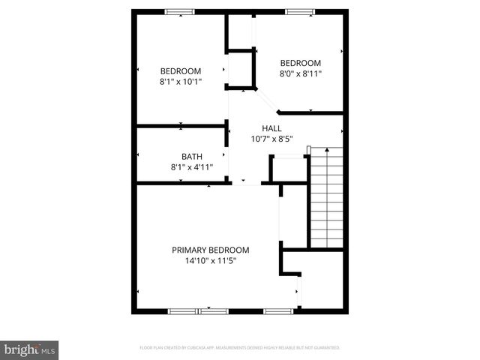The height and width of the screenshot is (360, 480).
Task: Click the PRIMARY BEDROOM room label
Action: [211, 250]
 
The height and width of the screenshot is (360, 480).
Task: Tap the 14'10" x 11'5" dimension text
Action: [211, 261]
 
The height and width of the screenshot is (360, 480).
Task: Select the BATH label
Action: [191, 157]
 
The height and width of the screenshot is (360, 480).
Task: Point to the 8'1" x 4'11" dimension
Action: [191, 167]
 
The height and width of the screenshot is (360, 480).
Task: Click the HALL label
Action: [271, 127]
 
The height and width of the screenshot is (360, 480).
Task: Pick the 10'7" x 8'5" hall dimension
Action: [271, 138]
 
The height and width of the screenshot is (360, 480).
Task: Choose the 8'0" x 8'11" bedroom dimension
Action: [301, 73]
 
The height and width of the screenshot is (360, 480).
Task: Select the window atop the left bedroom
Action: [178, 10]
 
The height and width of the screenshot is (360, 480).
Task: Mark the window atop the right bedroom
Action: [299, 10]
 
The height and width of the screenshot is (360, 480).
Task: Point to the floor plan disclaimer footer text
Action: [240, 347]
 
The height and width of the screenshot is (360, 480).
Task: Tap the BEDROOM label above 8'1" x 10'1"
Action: [181, 70]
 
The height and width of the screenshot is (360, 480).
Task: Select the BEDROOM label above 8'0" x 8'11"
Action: [301, 63]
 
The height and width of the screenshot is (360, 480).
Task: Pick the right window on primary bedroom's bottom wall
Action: [276, 310]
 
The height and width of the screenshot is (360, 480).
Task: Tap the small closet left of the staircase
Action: [288, 168]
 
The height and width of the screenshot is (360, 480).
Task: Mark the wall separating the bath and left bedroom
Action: [181, 125]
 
